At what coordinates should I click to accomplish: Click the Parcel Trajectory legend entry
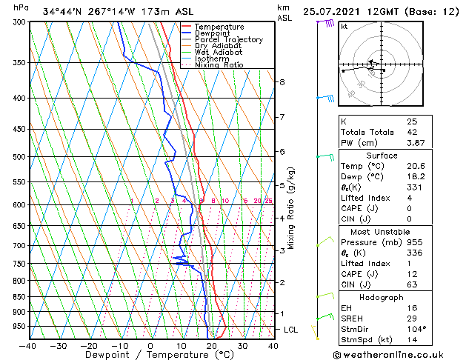tap(228, 39)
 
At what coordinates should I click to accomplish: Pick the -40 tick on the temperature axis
tap(28, 345)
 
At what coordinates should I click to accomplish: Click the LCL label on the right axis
tap(290, 329)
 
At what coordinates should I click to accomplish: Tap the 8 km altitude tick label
tap(282, 81)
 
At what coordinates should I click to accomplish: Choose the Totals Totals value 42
tap(411, 132)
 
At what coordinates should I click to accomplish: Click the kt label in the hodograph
tap(344, 26)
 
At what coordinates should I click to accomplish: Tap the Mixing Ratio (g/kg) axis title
tap(291, 207)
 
